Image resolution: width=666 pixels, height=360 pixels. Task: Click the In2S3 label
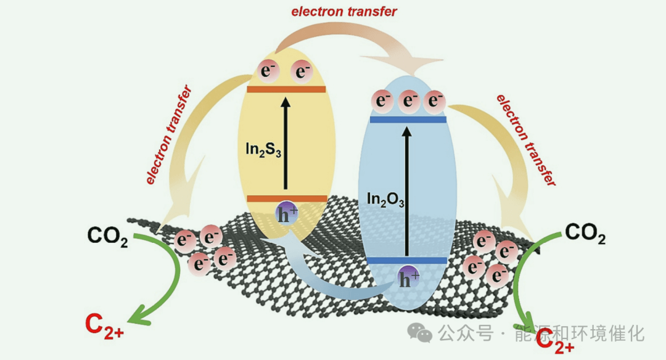pos(261,150)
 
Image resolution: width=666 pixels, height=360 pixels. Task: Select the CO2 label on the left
pos(107,237)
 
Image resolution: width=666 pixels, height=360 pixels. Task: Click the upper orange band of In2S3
pos(286,89)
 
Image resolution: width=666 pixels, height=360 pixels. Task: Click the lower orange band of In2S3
pos(286,198)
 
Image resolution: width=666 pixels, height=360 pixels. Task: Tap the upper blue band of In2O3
pos(408,119)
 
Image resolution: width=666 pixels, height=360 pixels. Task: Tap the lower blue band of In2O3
pos(407,261)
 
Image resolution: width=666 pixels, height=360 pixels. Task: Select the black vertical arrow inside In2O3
pos(406,191)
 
